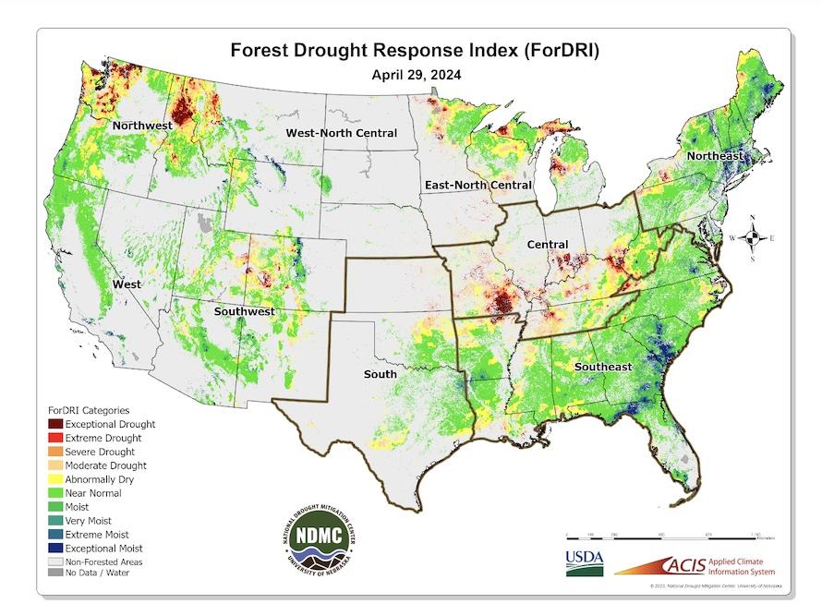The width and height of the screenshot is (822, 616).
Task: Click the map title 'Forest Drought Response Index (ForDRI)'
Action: click(414, 52)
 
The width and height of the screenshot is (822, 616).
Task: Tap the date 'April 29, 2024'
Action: click(414, 76)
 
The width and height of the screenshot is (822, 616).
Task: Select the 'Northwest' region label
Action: click(141, 125)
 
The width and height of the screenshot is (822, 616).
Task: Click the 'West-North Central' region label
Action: click(341, 133)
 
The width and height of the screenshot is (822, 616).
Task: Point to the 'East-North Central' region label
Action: click(477, 186)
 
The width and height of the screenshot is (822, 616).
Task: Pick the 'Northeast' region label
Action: click(714, 156)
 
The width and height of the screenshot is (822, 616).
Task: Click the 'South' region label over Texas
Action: click(380, 374)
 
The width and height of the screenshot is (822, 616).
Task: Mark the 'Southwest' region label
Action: click(245, 311)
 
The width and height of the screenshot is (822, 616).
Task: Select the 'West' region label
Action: click(127, 284)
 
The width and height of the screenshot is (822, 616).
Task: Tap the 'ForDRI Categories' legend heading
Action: click(89, 409)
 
